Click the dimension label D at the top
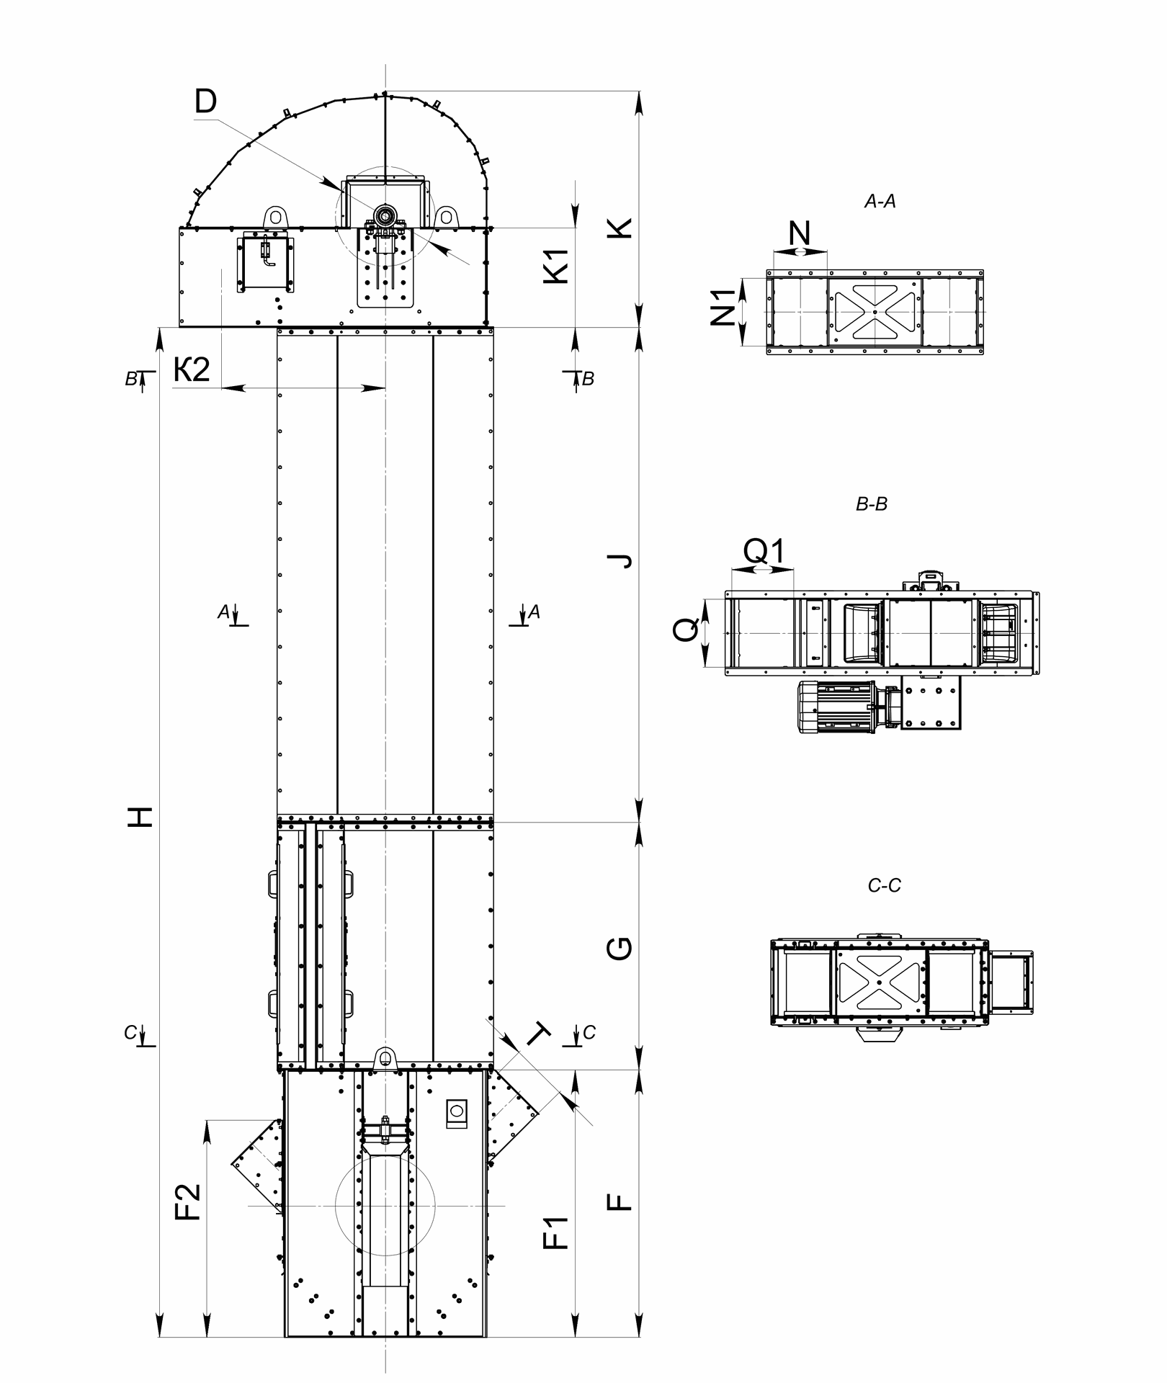(205, 102)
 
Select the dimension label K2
(192, 370)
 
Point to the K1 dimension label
(557, 265)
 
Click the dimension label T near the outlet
(539, 1035)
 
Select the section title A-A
(880, 202)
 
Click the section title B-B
(871, 505)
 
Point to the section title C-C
(884, 885)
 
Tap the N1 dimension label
(723, 307)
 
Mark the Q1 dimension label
(763, 551)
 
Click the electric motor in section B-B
(836, 707)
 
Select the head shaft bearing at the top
(385, 214)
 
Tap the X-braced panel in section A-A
(875, 310)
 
